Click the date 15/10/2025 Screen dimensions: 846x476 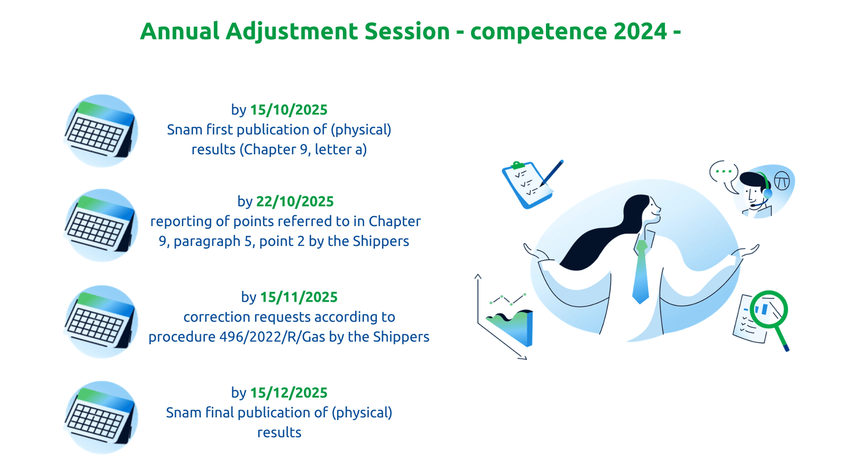tap(289, 110)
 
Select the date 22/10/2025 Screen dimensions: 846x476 tap(295, 202)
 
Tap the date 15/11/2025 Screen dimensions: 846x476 tap(299, 297)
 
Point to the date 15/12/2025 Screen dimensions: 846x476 tap(289, 393)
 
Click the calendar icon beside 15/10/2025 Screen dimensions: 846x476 tap(101, 131)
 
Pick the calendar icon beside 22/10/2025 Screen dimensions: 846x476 tap(101, 226)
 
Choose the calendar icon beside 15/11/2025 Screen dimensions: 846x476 tap(101, 321)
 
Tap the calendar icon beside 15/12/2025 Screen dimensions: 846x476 tap(101, 417)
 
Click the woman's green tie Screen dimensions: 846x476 tap(641, 272)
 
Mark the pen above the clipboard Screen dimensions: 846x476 tap(552, 173)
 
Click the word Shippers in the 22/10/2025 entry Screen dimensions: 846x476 tap(381, 241)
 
